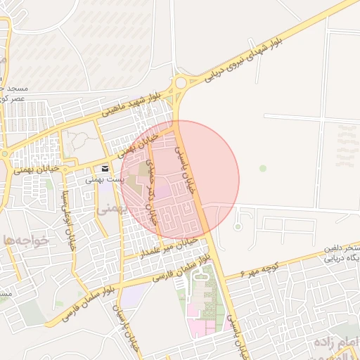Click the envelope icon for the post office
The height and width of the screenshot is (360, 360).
(105, 169)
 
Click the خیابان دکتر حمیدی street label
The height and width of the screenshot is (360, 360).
(149, 191)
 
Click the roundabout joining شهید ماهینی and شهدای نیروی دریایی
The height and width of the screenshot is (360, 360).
(182, 84)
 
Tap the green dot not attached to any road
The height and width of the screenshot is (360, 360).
(263, 168)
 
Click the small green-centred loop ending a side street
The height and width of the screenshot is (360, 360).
(238, 227)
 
